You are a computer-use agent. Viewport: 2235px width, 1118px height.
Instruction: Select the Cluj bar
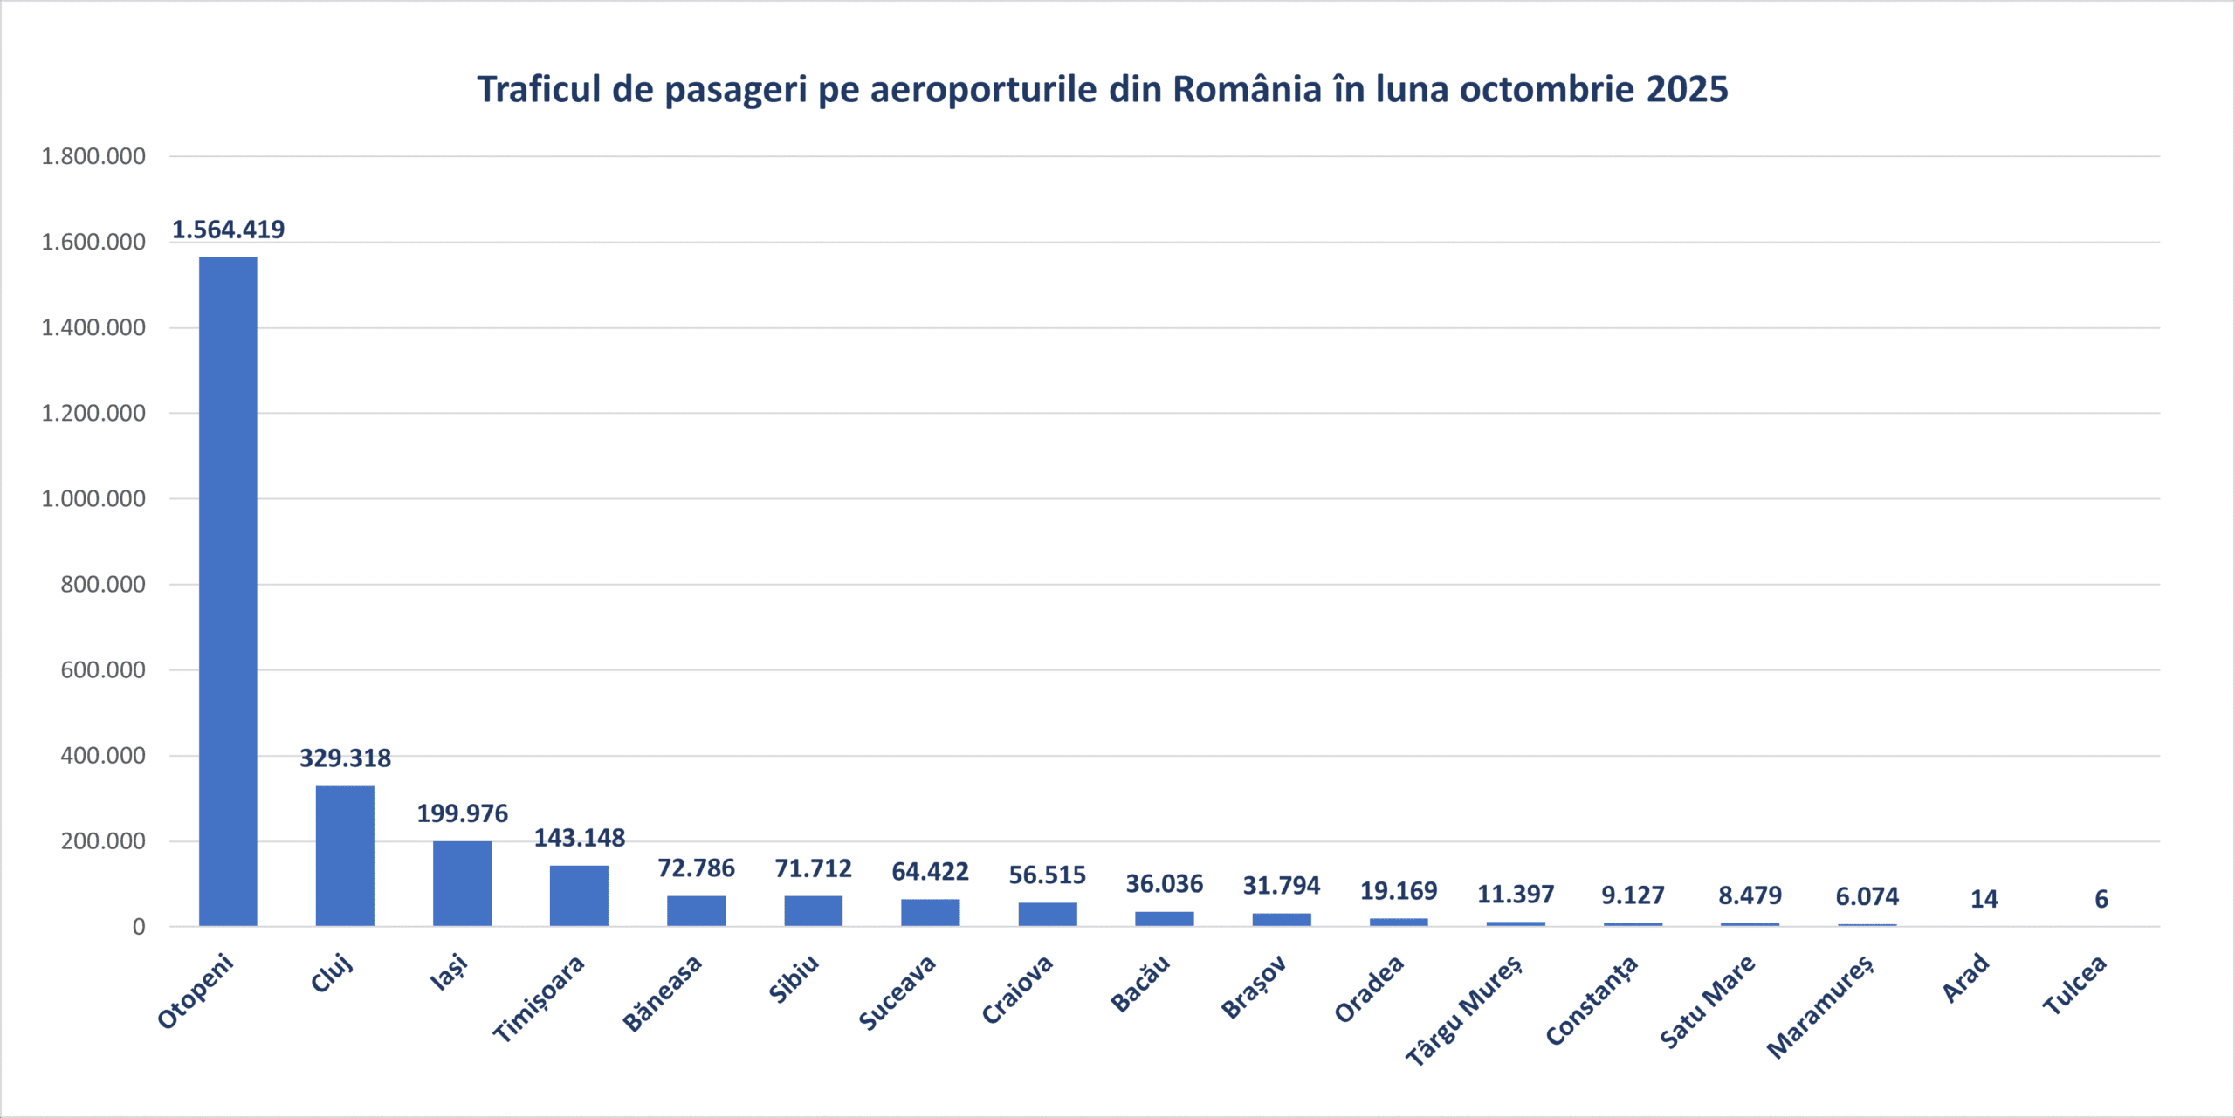click(x=345, y=855)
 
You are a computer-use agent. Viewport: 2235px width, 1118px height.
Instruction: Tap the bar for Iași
click(x=462, y=883)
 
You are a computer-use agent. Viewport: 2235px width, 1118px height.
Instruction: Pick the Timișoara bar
click(x=579, y=895)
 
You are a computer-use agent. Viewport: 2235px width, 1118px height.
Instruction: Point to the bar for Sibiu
click(x=813, y=910)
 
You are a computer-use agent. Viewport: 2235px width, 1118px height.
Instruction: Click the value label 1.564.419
click(x=228, y=230)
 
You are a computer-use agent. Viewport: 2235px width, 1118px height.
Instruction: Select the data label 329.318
click(x=345, y=758)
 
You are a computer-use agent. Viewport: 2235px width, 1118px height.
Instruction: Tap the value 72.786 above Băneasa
click(x=696, y=868)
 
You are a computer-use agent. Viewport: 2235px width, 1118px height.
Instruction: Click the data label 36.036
click(x=1164, y=884)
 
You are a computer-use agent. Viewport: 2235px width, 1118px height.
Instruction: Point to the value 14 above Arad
click(x=1984, y=899)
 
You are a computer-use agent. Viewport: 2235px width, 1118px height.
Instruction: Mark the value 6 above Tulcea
click(x=2101, y=899)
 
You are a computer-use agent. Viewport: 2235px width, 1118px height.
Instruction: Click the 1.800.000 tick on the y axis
click(x=93, y=157)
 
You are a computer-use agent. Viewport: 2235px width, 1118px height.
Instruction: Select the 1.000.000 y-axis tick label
click(x=93, y=499)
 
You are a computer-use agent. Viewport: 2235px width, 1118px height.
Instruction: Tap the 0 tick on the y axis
click(x=139, y=927)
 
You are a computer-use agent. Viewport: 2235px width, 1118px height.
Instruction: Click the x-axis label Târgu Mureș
click(x=1464, y=1011)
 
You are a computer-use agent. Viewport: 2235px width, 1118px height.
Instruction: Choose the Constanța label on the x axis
click(x=1592, y=1001)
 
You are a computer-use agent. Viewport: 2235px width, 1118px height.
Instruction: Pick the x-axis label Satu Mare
click(x=1707, y=1002)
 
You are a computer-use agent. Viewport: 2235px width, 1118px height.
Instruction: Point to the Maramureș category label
click(x=1820, y=1006)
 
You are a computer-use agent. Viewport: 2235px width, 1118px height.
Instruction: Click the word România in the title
click(x=1247, y=89)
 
